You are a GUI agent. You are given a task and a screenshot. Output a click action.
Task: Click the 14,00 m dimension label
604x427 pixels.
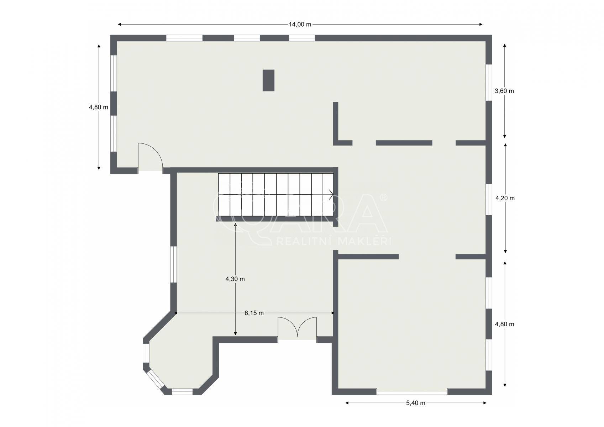click(x=300, y=25)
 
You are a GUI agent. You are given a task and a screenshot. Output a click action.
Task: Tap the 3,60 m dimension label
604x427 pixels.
click(x=504, y=91)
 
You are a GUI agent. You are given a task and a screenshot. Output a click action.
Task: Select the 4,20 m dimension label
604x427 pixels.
click(x=505, y=199)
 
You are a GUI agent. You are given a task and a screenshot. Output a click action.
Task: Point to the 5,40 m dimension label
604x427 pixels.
click(x=416, y=403)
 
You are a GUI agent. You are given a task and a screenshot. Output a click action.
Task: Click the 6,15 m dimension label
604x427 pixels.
click(x=254, y=313)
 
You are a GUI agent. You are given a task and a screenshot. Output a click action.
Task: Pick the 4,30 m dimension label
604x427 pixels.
click(x=235, y=279)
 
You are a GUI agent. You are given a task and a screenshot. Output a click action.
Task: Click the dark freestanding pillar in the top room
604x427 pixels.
click(x=269, y=80)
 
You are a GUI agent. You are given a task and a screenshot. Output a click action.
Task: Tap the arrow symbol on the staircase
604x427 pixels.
click(x=331, y=194)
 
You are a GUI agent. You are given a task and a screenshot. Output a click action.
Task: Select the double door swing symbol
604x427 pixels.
click(x=298, y=327)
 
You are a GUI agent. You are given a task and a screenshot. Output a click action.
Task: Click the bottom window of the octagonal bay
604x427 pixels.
click(x=182, y=392)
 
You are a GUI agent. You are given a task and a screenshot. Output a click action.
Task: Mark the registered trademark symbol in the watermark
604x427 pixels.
click(x=384, y=197)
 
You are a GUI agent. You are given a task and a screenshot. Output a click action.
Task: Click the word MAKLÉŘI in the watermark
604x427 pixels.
click(x=364, y=241)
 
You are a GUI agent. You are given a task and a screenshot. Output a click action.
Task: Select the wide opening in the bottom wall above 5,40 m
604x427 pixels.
click(x=412, y=392)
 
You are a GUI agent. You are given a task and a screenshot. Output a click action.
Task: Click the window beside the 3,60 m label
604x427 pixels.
click(x=489, y=83)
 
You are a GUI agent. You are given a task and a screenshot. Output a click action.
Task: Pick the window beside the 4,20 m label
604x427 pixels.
click(x=489, y=200)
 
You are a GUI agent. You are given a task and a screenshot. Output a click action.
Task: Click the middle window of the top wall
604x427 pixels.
click(x=247, y=38)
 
